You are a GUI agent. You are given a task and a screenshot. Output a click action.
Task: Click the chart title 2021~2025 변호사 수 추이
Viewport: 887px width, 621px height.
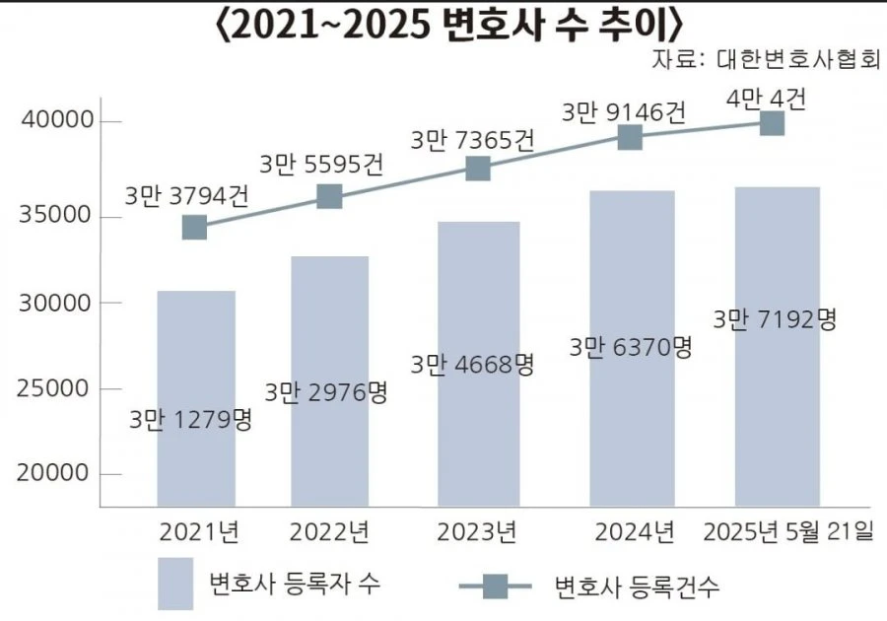(x=449, y=26)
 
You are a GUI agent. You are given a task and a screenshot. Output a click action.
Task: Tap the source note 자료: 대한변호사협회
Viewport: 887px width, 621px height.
(x=766, y=59)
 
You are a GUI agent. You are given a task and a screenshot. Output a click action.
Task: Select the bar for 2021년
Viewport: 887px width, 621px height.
(x=196, y=399)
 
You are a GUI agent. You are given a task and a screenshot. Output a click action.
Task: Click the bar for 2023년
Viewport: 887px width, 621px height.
(x=479, y=365)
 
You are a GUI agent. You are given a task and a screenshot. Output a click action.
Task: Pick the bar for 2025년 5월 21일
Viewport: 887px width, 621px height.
(x=778, y=347)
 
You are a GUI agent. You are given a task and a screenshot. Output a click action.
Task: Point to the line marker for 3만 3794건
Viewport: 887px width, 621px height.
(x=194, y=228)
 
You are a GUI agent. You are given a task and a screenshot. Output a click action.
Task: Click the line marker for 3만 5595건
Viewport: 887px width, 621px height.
(x=330, y=196)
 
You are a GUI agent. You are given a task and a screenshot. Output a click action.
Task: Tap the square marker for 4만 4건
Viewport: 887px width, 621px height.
(x=772, y=123)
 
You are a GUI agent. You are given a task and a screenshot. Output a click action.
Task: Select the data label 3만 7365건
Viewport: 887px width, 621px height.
(x=472, y=140)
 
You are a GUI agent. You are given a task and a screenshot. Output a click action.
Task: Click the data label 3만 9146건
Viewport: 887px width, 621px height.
(x=624, y=112)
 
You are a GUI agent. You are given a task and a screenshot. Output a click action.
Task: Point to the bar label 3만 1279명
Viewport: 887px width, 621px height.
(x=190, y=420)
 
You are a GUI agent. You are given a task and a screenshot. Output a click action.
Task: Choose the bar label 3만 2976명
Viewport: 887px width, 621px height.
(x=326, y=392)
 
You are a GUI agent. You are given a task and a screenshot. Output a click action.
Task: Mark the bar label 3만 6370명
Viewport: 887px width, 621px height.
(x=631, y=347)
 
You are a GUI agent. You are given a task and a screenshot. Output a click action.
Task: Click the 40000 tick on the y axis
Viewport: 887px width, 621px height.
(x=57, y=120)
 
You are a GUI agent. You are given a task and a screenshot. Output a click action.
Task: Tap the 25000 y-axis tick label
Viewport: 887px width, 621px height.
(x=53, y=388)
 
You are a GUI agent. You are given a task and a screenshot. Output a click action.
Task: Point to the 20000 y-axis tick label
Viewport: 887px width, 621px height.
(x=53, y=473)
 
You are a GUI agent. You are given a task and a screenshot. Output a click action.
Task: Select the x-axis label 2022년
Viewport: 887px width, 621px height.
(x=330, y=532)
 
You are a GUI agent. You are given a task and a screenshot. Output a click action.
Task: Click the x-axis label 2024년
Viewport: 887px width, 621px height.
(x=635, y=532)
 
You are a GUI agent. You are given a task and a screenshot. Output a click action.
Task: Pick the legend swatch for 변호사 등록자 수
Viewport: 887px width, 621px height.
(x=175, y=584)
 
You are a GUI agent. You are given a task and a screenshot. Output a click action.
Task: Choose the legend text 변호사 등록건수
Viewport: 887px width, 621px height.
(x=637, y=586)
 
